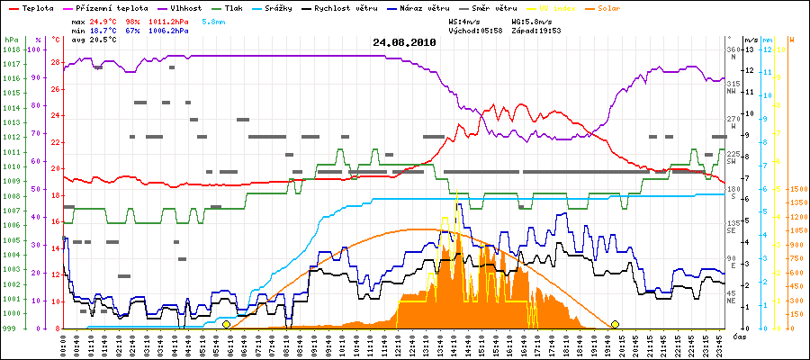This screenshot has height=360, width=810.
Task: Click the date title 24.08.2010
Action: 404,42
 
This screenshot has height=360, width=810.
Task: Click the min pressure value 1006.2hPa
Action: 171,31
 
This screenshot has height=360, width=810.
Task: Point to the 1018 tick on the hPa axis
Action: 11,50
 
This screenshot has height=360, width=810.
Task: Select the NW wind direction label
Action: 732,90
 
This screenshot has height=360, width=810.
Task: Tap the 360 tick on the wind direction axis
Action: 732,49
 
